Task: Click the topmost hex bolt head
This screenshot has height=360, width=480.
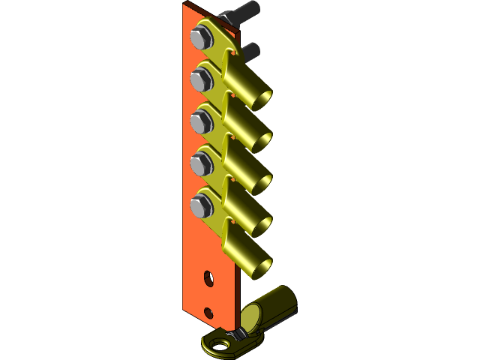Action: [200, 37]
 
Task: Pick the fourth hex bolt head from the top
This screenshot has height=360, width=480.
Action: [200, 162]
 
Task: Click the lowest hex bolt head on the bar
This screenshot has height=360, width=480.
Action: [200, 204]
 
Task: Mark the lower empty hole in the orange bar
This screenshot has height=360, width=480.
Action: [208, 312]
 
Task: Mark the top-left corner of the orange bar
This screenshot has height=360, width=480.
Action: [184, 4]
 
